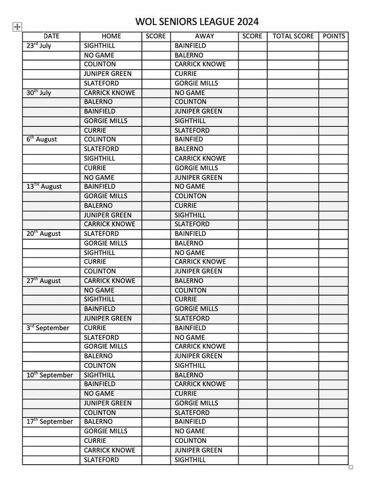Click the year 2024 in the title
tap(246, 21)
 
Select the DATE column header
tap(51, 36)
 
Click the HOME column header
tap(111, 36)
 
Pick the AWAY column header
tap(205, 36)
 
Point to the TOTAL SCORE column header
tap(293, 36)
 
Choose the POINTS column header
tap(334, 36)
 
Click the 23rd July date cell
tap(39, 45)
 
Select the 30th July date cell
tap(39, 92)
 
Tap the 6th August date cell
tap(42, 139)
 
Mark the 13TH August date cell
tap(44, 186)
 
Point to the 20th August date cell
tap(44, 233)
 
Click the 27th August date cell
tap(44, 281)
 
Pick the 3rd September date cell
tap(48, 327)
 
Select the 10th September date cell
tap(50, 375)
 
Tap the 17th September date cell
tap(50, 422)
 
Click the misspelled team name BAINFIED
tap(189, 139)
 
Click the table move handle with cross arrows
tap(17, 27)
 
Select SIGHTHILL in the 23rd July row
tap(100, 45)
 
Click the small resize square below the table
tap(350, 467)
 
